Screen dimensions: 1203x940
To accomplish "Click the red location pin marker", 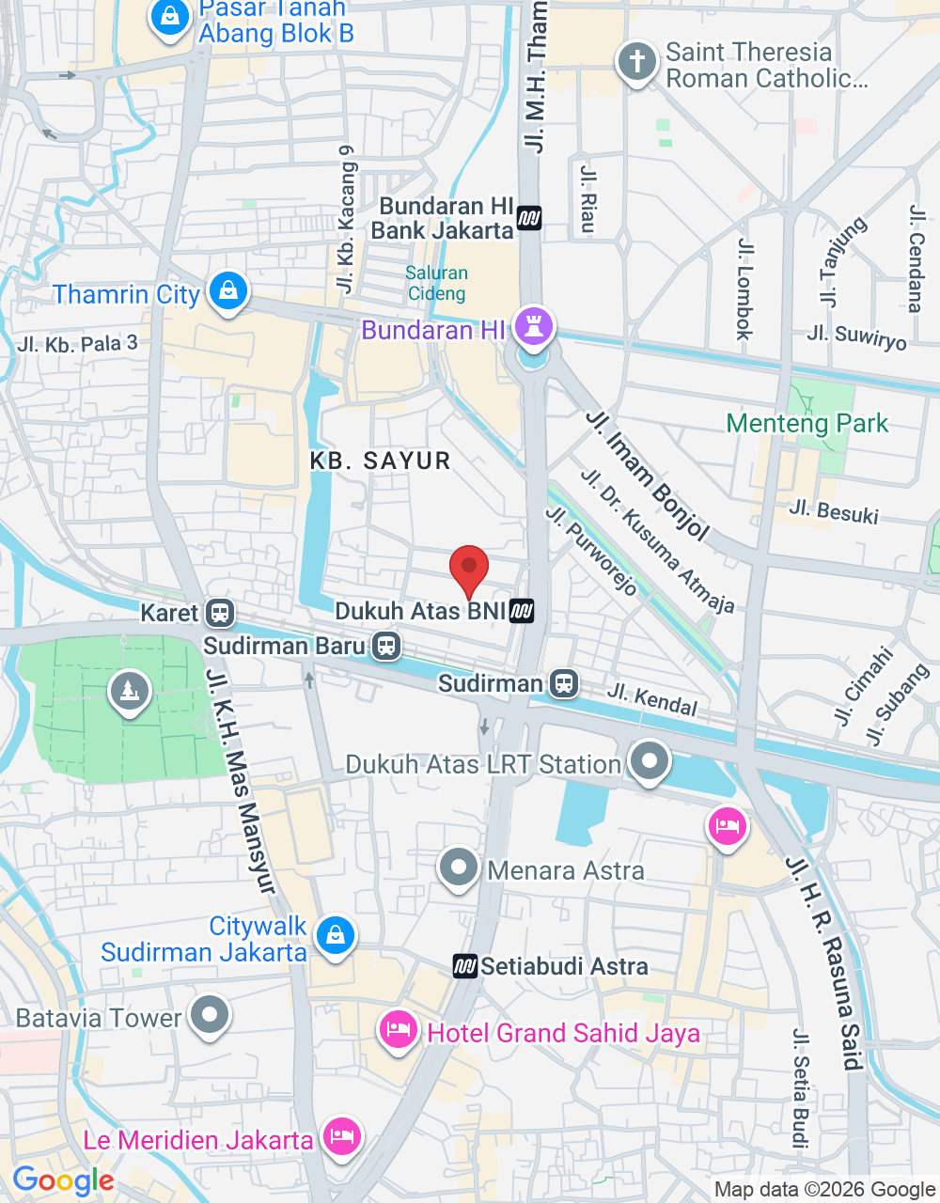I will pyautogui.click(x=469, y=568).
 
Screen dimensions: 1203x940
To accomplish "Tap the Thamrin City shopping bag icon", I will pyautogui.click(x=227, y=292).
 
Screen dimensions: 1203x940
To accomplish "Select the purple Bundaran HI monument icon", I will pyautogui.click(x=533, y=328).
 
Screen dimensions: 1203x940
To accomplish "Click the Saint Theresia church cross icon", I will pyautogui.click(x=636, y=63).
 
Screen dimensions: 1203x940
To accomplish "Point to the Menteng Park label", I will pyautogui.click(x=807, y=423).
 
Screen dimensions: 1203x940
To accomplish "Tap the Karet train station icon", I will pyautogui.click(x=220, y=613).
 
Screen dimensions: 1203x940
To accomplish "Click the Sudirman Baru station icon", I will pyautogui.click(x=385, y=646).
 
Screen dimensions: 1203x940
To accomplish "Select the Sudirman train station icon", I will pyautogui.click(x=564, y=683).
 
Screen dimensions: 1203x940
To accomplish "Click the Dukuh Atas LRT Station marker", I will pyautogui.click(x=649, y=761).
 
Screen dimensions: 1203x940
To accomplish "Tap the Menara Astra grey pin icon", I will pyautogui.click(x=459, y=867).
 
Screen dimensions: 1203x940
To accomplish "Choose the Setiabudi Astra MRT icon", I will pyautogui.click(x=465, y=966).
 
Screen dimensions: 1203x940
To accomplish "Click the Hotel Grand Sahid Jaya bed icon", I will pyautogui.click(x=399, y=1031).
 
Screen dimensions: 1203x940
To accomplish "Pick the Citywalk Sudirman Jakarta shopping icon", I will pyautogui.click(x=335, y=936).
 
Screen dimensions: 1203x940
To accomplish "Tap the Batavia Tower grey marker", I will pyautogui.click(x=209, y=1016).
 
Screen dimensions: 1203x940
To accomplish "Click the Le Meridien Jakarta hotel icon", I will pyautogui.click(x=341, y=1137).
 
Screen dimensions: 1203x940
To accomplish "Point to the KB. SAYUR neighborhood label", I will pyautogui.click(x=381, y=461).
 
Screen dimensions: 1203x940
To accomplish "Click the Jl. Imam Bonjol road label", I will pyautogui.click(x=648, y=475).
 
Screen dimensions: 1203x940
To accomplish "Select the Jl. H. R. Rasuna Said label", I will pyautogui.click(x=824, y=963).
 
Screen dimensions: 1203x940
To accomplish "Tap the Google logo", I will pyautogui.click(x=64, y=1180).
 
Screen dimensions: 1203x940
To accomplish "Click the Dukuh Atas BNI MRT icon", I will pyautogui.click(x=522, y=612).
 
